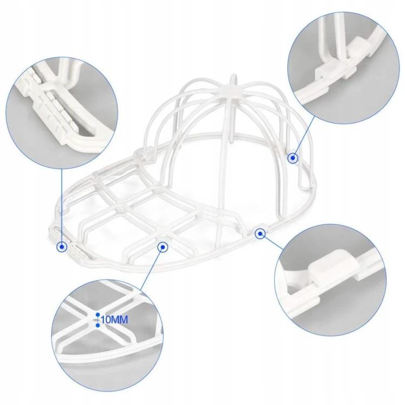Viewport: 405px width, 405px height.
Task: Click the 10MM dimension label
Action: (x=114, y=320)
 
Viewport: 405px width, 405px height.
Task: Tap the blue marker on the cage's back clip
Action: (x=293, y=158)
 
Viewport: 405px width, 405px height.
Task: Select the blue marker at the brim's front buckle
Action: (x=62, y=247)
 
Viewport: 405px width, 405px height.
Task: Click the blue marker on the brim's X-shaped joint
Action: (x=163, y=247)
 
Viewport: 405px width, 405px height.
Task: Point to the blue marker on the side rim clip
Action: (x=260, y=234)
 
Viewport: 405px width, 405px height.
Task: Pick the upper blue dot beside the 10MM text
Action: (x=98, y=315)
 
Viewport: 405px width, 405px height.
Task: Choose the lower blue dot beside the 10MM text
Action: (x=98, y=325)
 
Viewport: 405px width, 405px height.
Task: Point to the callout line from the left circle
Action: (x=62, y=205)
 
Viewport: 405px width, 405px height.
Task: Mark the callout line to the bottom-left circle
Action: (x=151, y=268)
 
